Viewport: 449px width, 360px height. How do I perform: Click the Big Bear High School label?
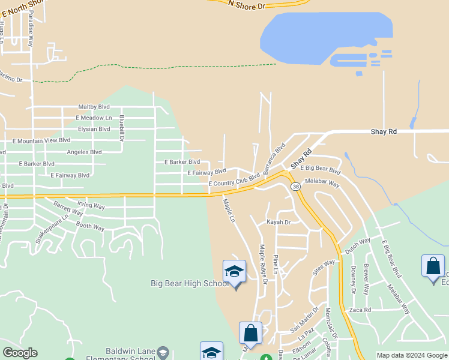pos(188,283)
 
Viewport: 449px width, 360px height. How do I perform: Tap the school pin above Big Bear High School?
pos(234,272)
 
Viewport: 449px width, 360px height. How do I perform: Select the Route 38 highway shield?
pos(296,187)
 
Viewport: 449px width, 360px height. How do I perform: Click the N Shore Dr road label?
pos(247,4)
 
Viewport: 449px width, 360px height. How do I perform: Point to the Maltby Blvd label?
pos(92,107)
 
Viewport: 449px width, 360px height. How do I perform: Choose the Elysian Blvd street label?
pos(94,128)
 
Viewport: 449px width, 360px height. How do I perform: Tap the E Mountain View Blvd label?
pos(41,140)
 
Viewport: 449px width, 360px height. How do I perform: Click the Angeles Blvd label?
pos(84,152)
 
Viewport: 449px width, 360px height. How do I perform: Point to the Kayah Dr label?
pos(279,222)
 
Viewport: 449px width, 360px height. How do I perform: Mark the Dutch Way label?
pos(357,247)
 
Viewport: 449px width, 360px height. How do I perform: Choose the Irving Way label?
pos(91,206)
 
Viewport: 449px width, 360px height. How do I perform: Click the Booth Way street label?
pos(90,227)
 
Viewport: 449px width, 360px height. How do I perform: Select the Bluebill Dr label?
pos(122,128)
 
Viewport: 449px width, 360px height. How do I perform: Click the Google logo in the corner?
pos(20,353)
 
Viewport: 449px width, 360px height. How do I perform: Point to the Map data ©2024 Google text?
pos(412,355)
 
